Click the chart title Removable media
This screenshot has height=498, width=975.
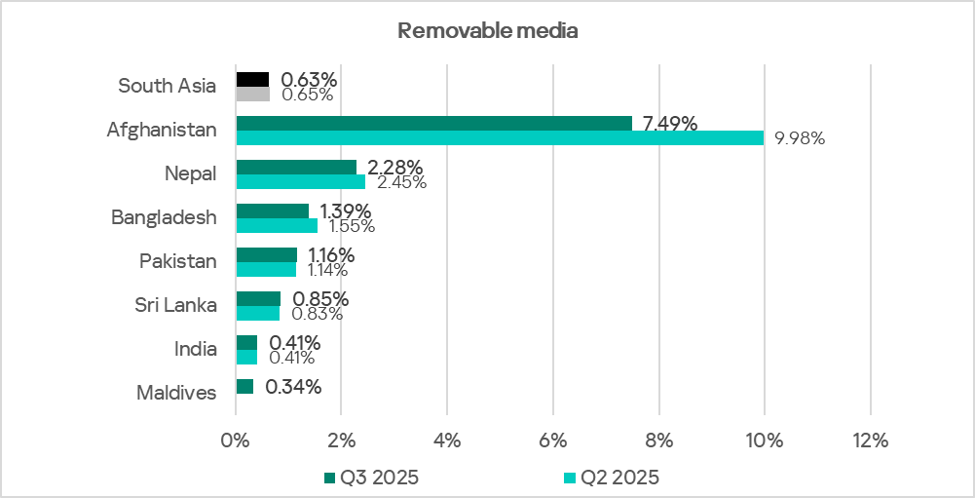tap(487, 31)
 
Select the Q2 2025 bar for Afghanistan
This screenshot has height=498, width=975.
tap(500, 138)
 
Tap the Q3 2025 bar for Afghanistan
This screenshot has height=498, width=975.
tap(433, 123)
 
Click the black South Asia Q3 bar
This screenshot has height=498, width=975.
tap(252, 79)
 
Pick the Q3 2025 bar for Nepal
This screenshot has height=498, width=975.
tap(296, 167)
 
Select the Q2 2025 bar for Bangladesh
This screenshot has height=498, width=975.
tap(277, 226)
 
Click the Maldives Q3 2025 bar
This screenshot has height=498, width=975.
tap(244, 387)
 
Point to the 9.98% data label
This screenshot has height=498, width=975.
tap(800, 138)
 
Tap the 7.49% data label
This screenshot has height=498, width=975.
tap(669, 123)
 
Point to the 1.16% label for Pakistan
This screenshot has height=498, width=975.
tap(331, 254)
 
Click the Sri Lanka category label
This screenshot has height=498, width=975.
tap(175, 305)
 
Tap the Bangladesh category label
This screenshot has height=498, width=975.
tap(164, 217)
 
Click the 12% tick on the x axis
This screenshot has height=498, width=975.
tap(870, 441)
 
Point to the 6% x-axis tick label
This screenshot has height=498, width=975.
tap(552, 441)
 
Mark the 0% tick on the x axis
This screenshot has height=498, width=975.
tap(236, 441)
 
